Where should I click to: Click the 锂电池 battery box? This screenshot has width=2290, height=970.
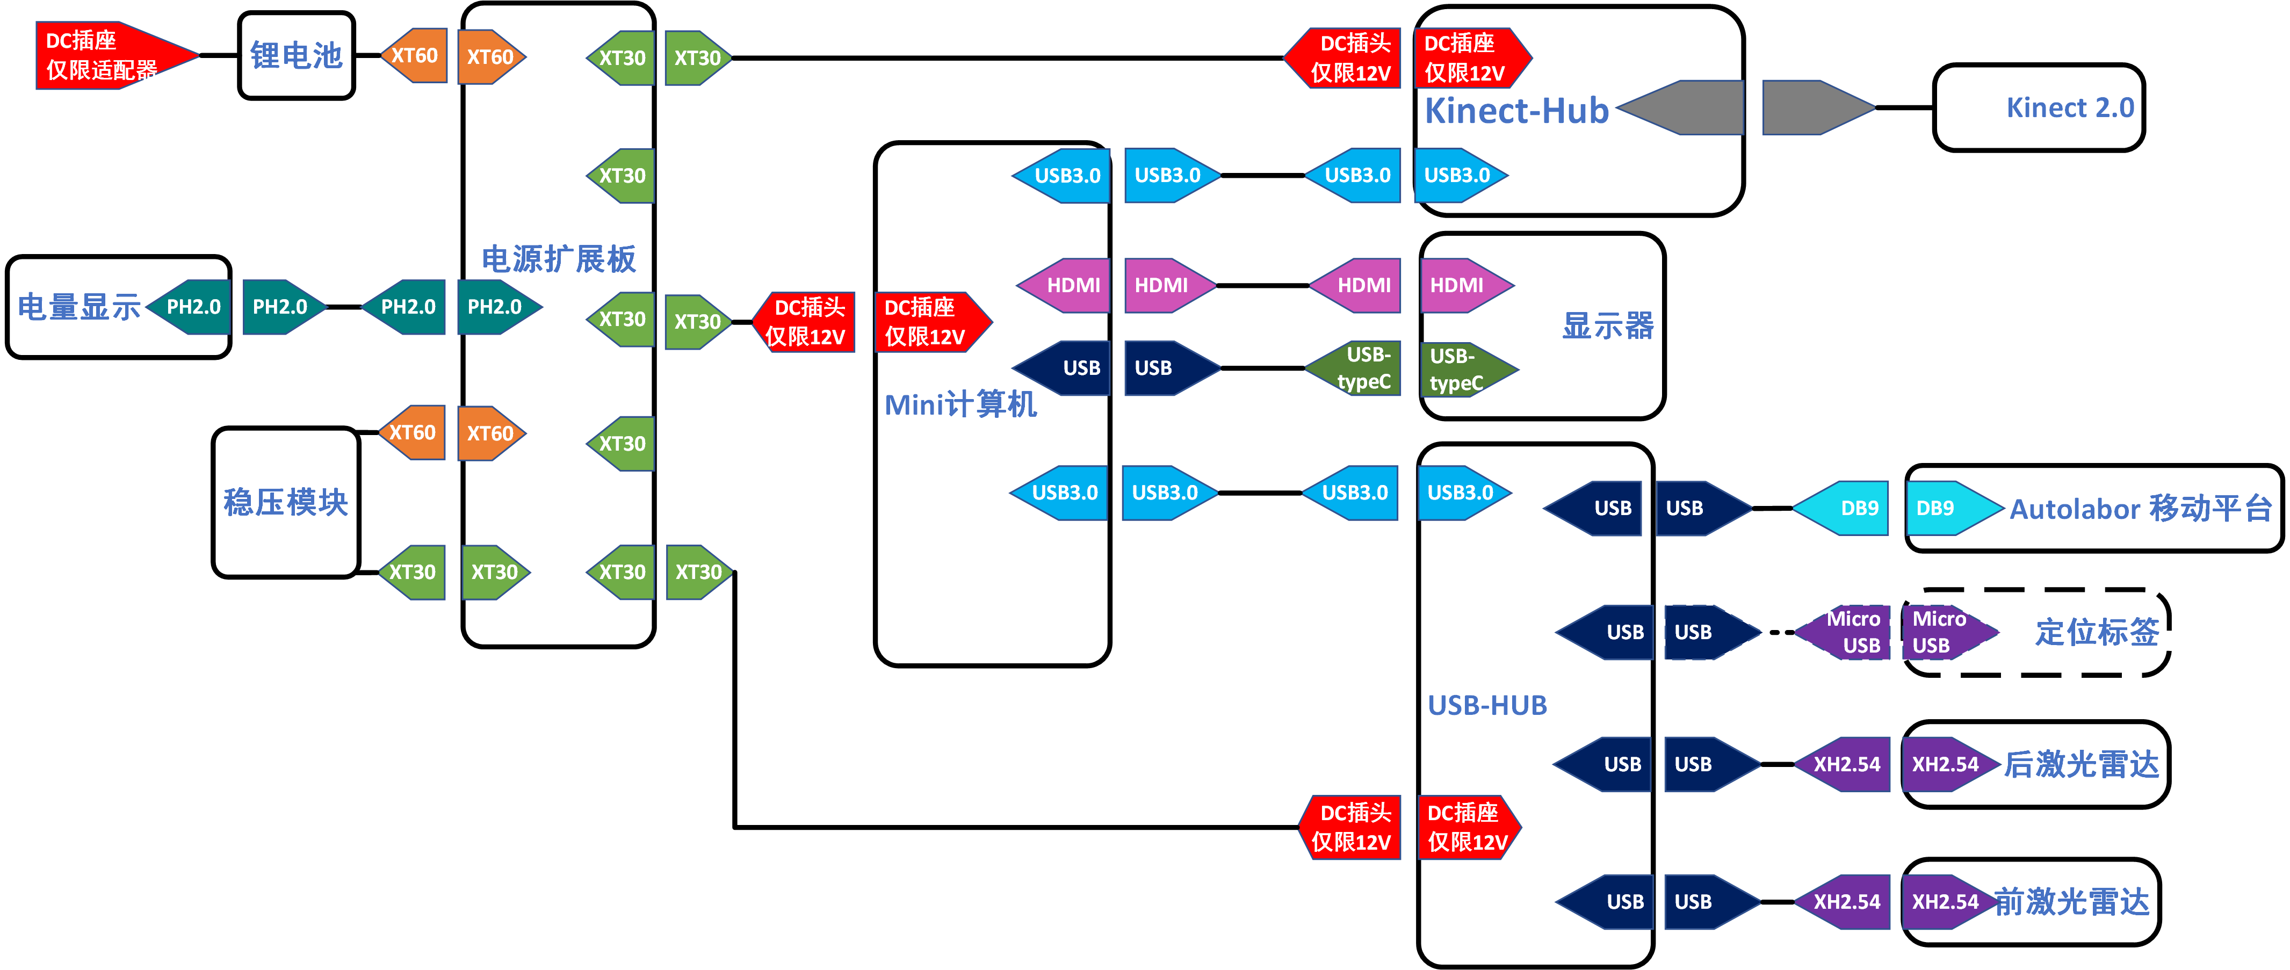click(296, 55)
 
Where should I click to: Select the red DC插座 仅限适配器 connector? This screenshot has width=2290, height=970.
click(107, 55)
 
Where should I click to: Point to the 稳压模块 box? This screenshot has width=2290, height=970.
click(285, 502)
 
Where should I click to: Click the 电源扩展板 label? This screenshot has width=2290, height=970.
click(558, 259)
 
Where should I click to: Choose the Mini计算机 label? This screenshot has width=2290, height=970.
click(960, 404)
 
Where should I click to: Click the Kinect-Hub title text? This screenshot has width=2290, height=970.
click(1516, 111)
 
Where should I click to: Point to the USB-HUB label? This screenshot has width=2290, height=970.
click(1487, 705)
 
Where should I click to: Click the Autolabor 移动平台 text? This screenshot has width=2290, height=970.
click(2141, 509)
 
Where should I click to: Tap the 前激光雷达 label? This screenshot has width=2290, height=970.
click(2071, 902)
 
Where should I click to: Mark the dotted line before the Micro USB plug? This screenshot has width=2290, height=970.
click(1781, 632)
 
